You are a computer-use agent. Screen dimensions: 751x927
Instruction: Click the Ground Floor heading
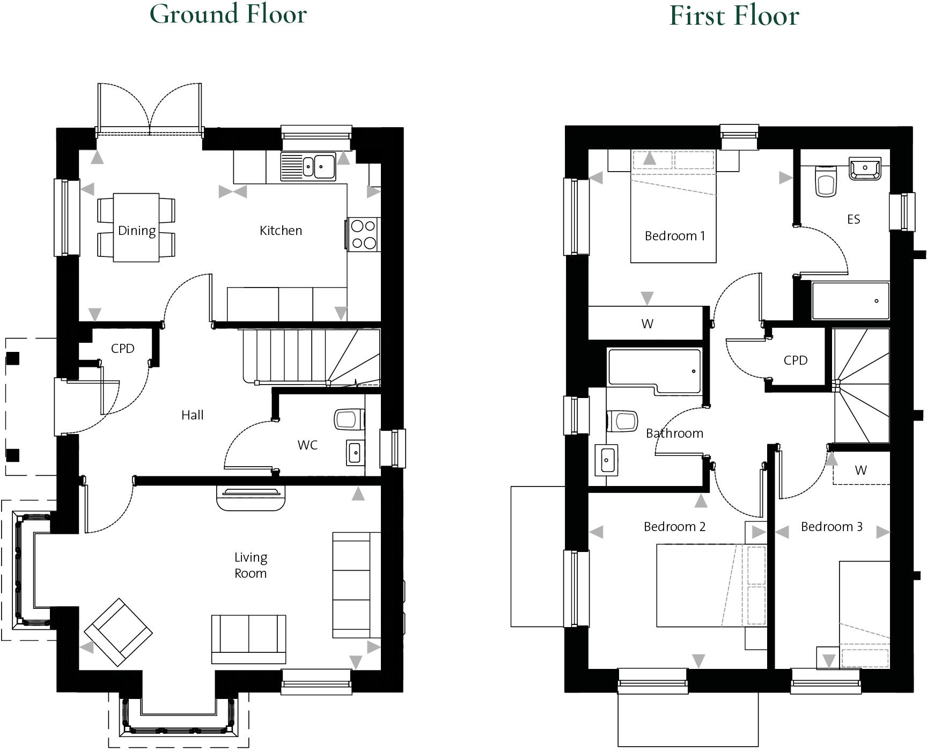tap(228, 14)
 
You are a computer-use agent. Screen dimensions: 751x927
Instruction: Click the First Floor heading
tap(734, 16)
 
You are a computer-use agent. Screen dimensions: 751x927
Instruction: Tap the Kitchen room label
tap(281, 231)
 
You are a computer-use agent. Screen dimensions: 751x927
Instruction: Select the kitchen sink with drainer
tap(308, 166)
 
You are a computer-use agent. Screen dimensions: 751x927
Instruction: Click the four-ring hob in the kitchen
tap(363, 234)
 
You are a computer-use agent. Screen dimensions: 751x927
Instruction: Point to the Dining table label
tap(137, 231)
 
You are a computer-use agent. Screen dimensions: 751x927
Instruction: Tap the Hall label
tap(192, 415)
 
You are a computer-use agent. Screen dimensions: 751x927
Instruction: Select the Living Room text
tap(251, 565)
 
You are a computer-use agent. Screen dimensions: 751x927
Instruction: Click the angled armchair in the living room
tap(118, 632)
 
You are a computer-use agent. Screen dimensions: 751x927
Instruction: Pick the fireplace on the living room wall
tap(251, 498)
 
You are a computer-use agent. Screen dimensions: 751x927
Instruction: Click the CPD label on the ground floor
tap(122, 349)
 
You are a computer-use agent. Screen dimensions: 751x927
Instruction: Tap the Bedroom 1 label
tap(674, 236)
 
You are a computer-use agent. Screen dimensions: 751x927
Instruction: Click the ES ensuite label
tap(854, 219)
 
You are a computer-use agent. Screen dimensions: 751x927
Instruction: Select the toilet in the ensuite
tap(826, 181)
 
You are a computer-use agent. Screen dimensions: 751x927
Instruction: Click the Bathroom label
tap(674, 433)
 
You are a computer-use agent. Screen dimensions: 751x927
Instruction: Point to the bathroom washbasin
tap(606, 460)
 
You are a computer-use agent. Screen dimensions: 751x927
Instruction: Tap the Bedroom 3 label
tap(832, 527)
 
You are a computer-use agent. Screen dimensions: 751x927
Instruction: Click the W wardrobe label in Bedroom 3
tap(860, 470)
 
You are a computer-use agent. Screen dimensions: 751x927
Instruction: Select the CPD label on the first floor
tap(795, 360)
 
